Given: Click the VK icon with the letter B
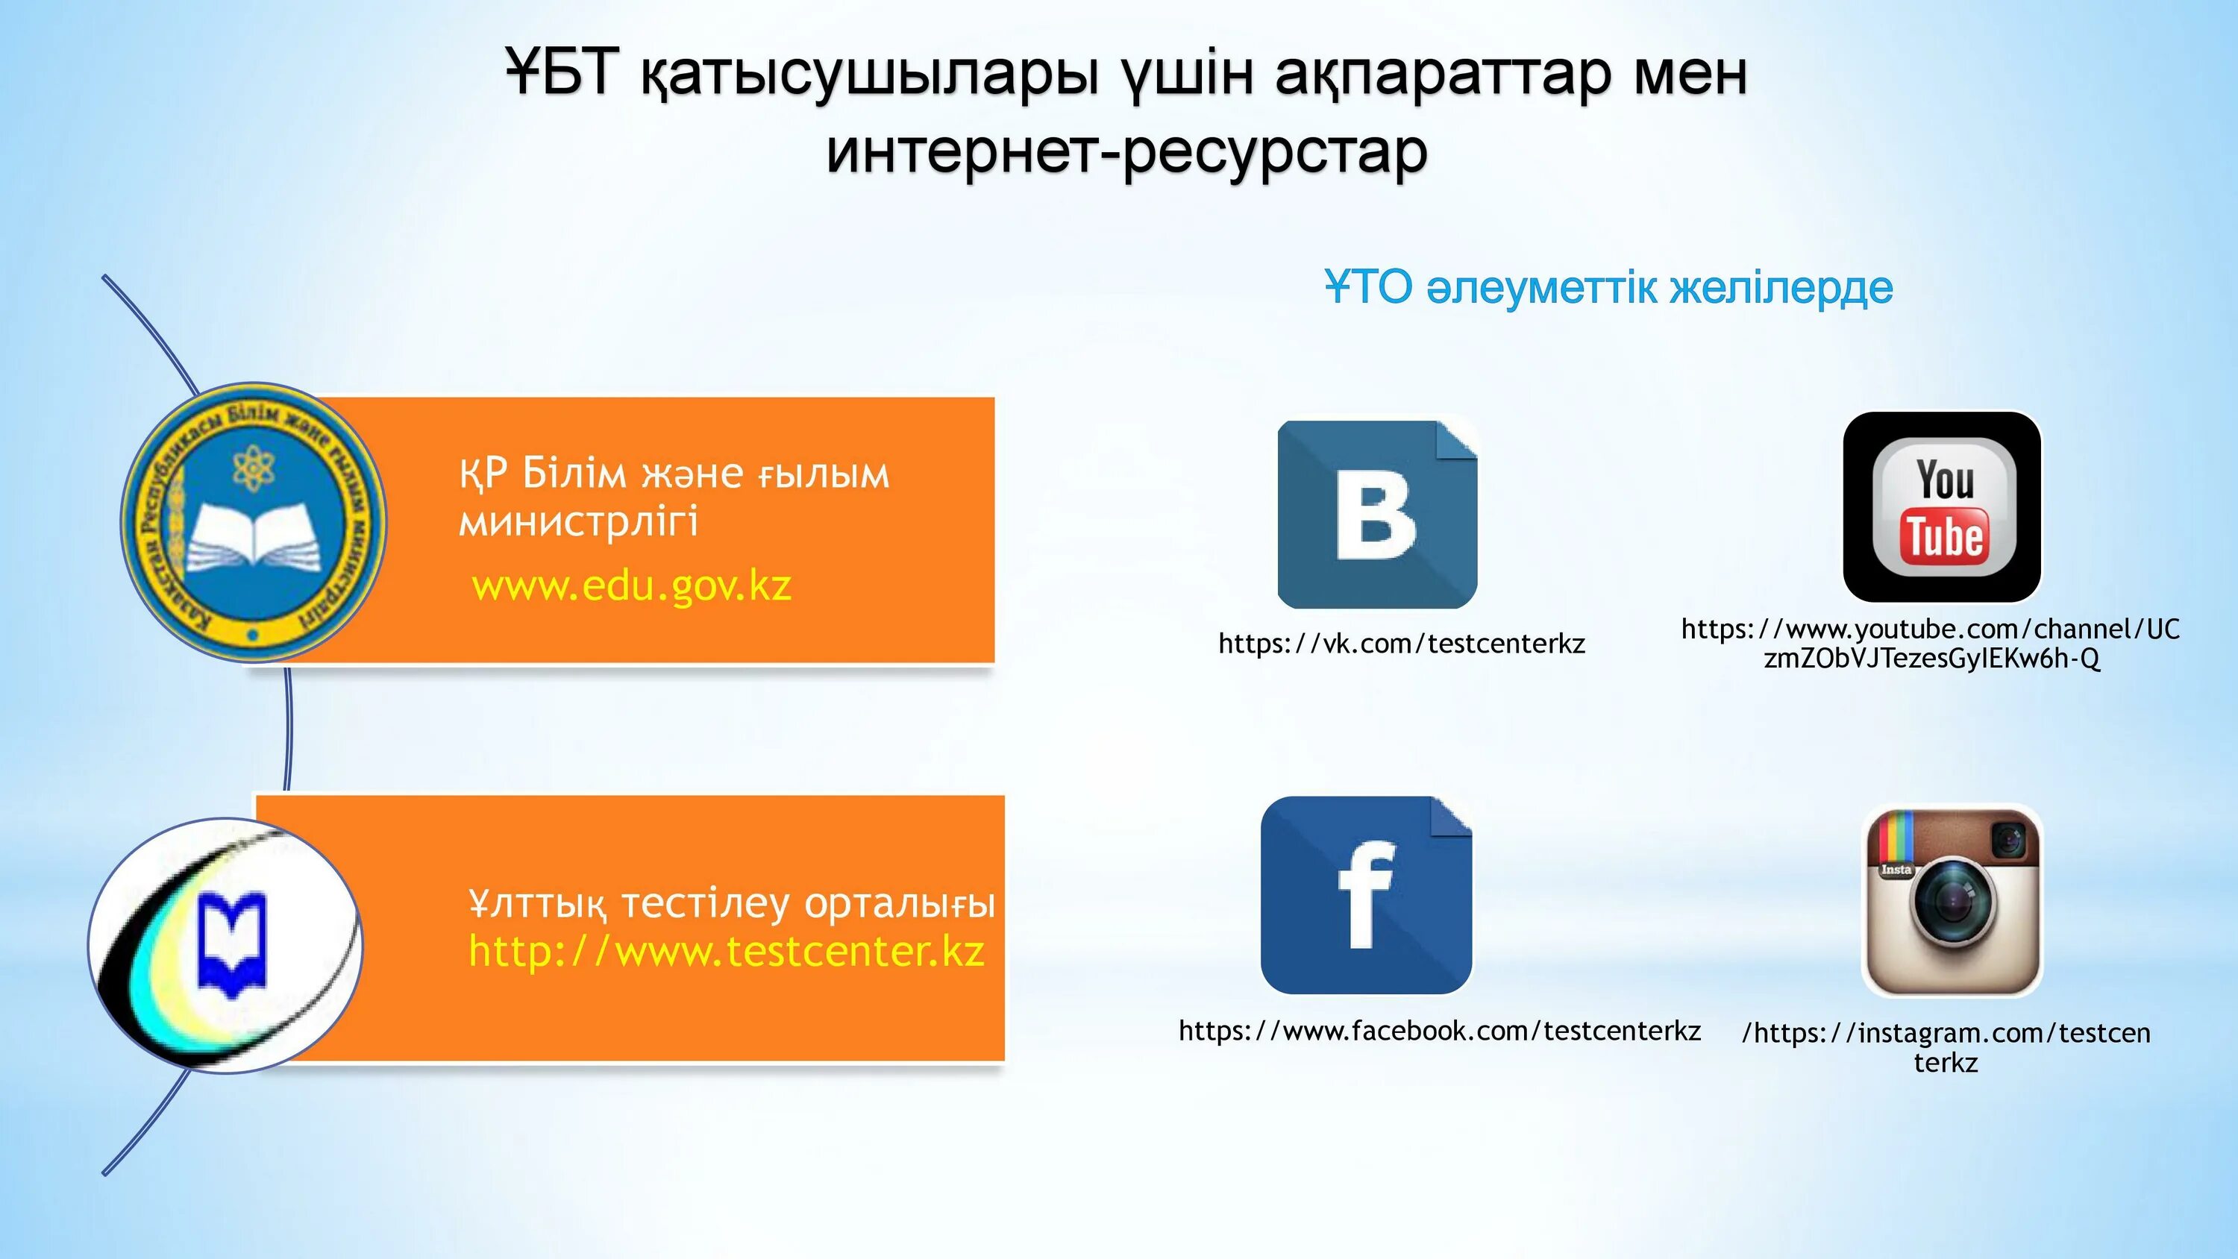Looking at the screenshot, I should click(1377, 515).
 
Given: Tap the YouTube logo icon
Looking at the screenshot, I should click(1942, 507).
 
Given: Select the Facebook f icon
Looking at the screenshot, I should click(1366, 895).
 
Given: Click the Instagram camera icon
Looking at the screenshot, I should click(1952, 901).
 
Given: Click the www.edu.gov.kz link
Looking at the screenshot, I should click(632, 585).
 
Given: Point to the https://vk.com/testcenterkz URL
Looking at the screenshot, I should click(1401, 644).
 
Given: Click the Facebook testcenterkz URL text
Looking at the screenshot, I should click(1440, 1031).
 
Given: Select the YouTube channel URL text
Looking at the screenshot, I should click(1931, 643).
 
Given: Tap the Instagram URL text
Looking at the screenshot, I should click(1946, 1047).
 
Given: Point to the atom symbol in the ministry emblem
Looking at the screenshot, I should click(253, 468).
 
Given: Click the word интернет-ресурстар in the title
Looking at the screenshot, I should click(1126, 152).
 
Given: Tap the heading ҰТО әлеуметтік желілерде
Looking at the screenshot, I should click(1608, 288).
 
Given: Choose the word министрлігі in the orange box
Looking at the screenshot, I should click(577, 522).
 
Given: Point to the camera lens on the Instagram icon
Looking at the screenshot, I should click(1952, 906).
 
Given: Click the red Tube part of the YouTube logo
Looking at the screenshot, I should click(1944, 536).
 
